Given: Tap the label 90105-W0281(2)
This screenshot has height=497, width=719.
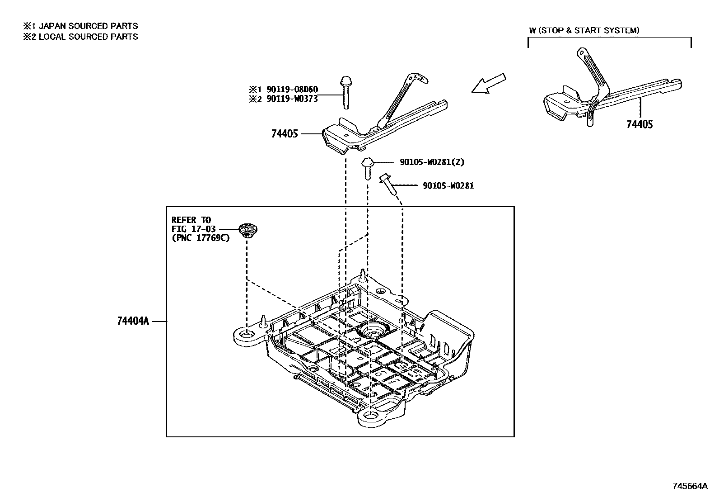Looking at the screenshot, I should pos(431,162).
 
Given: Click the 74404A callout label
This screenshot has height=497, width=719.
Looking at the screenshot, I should pos(133,321).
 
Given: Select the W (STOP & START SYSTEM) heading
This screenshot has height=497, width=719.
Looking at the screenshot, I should pos(584,30).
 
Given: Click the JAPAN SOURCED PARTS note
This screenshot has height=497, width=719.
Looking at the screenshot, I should pos(88,26).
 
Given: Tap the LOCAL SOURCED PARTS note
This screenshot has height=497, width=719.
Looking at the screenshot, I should pos(88,37).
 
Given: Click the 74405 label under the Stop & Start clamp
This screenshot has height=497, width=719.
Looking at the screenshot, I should pos(640,124).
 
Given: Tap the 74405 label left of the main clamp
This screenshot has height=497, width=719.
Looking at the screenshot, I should pos(285,134).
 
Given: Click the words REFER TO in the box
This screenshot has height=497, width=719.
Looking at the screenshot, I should pos(191,220).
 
